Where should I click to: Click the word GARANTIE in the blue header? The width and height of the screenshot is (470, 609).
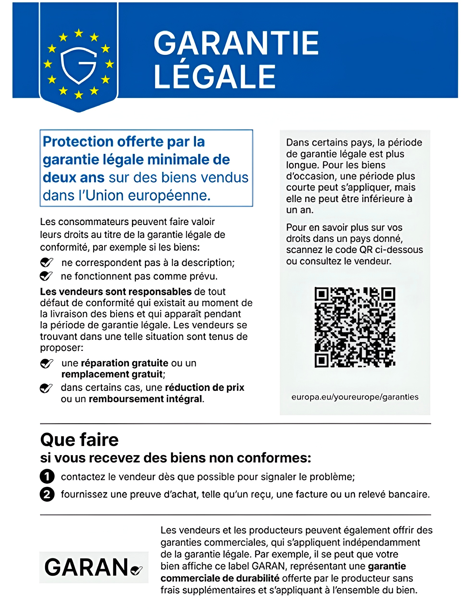click(236, 43)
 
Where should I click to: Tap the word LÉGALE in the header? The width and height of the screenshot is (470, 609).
click(215, 76)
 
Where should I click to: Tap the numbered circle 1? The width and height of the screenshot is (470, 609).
click(47, 476)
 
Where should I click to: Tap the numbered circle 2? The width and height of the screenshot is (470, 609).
click(47, 494)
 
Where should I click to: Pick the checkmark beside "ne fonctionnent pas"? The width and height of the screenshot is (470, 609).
click(46, 276)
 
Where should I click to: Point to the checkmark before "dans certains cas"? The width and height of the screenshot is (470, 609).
click(46, 388)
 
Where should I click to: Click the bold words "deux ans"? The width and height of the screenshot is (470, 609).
click(74, 178)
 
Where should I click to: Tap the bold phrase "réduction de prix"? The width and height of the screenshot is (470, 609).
click(204, 388)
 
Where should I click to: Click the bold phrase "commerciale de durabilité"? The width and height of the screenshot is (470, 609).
click(220, 578)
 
